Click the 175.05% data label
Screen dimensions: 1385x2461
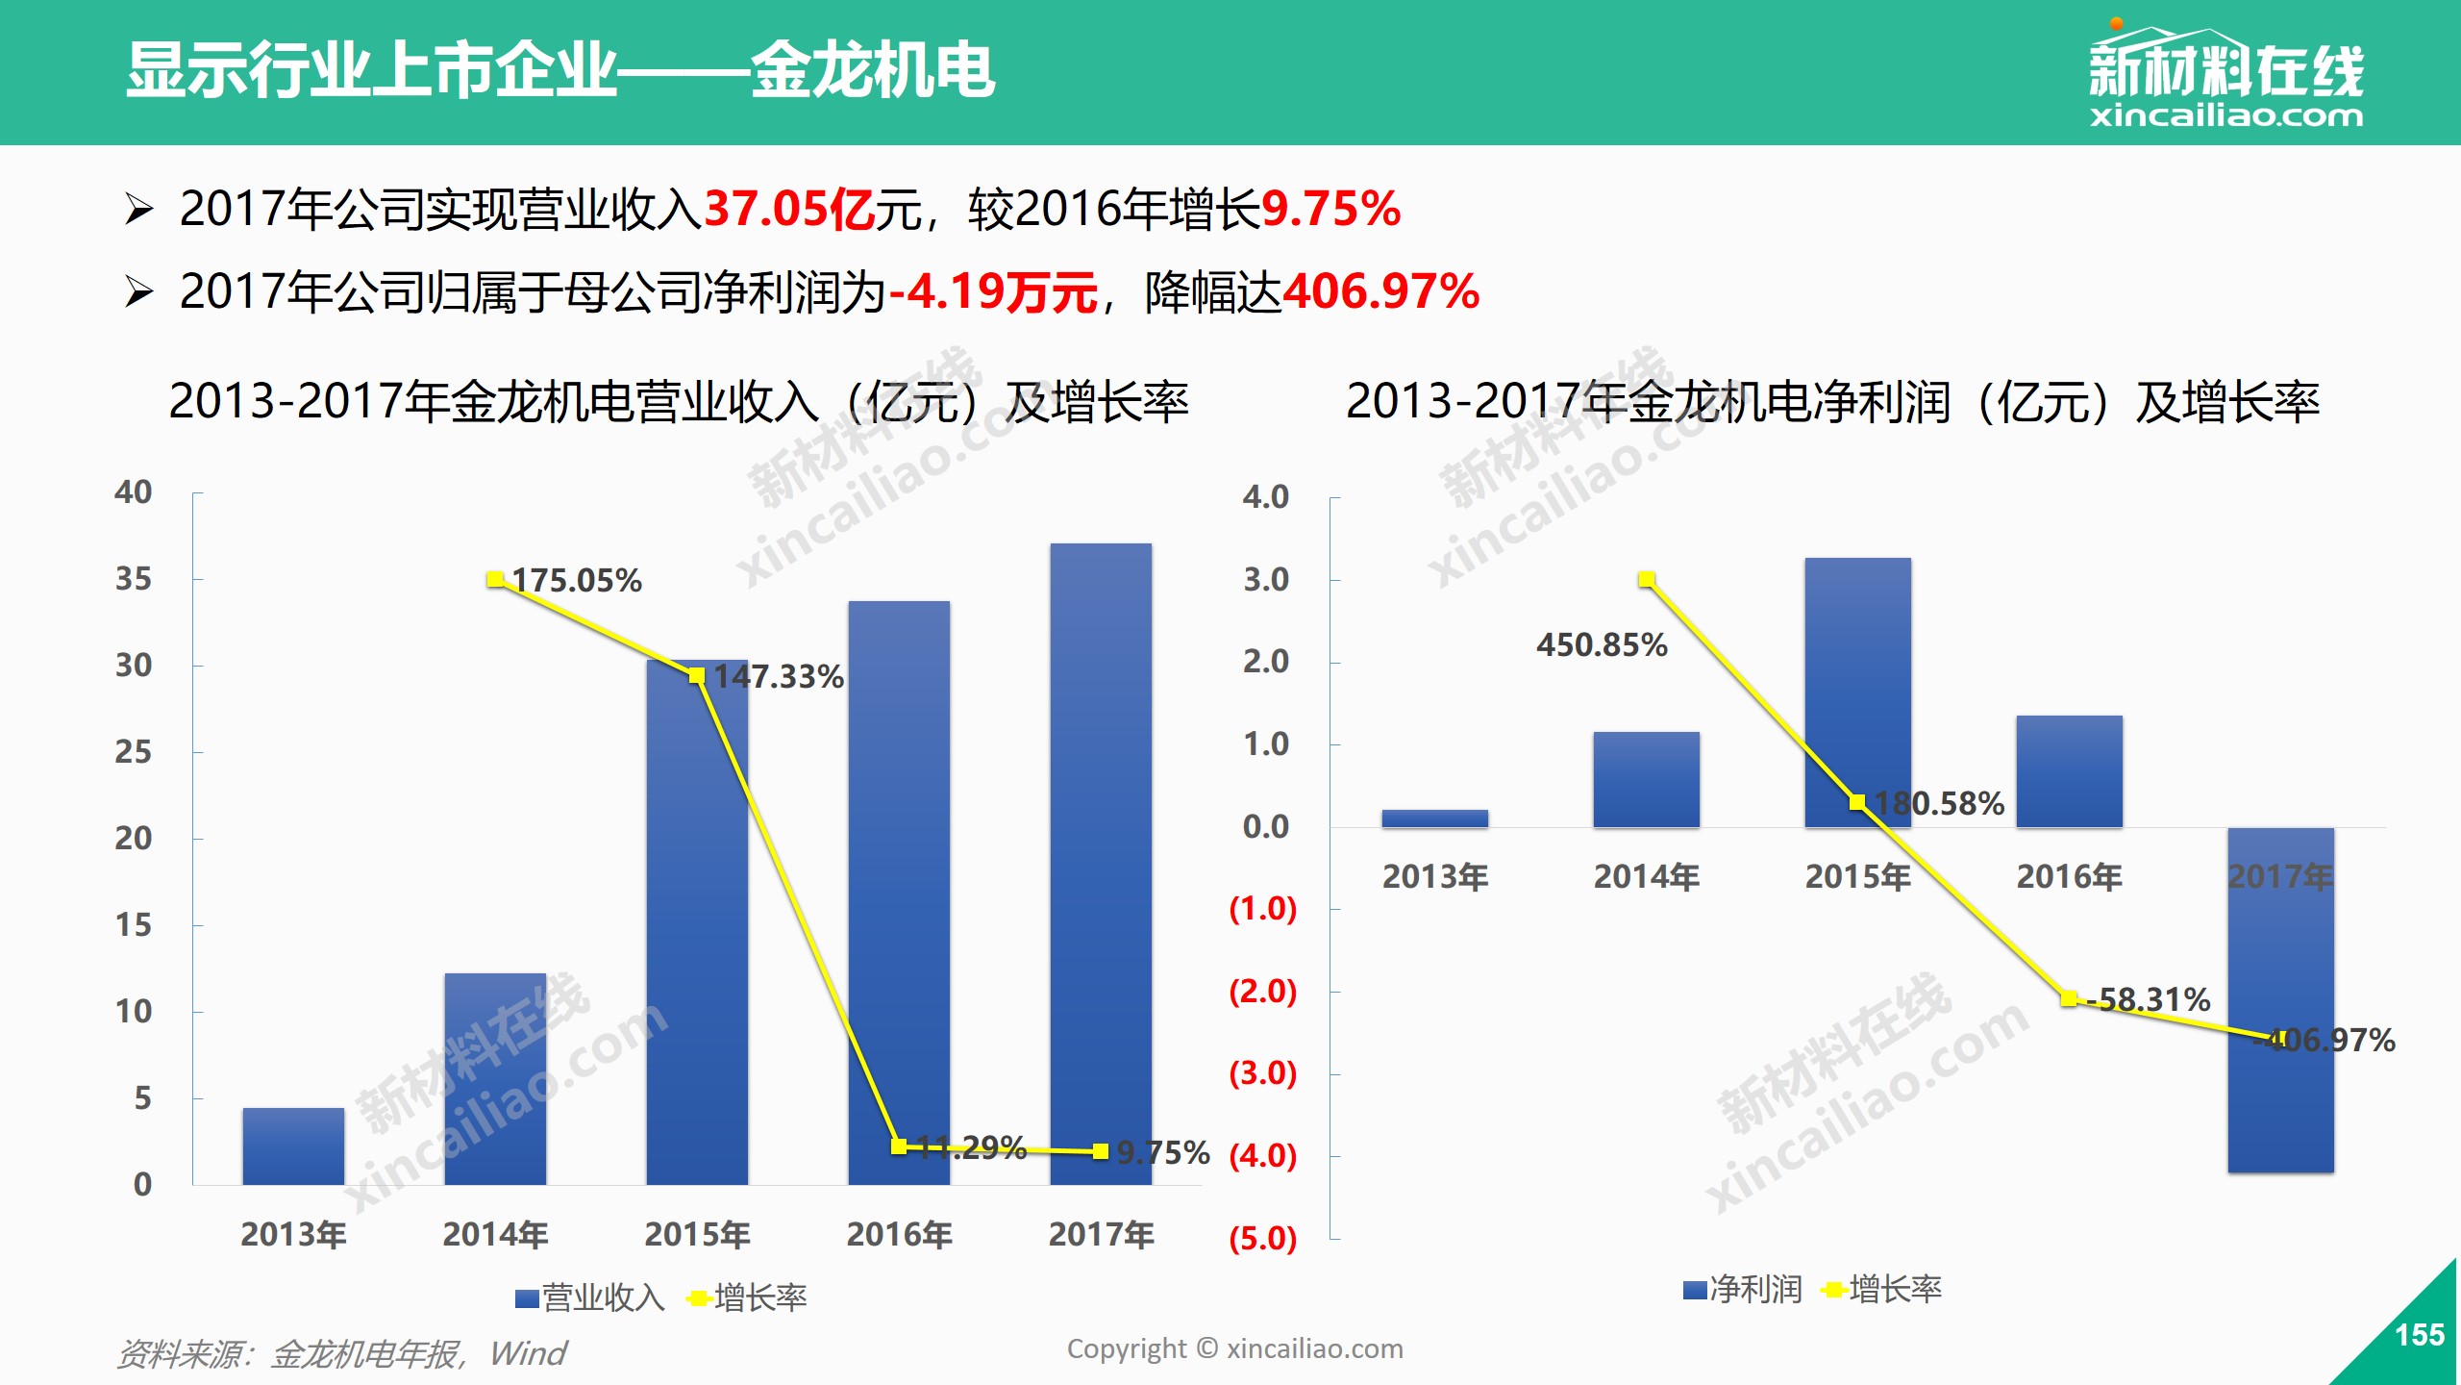[577, 580]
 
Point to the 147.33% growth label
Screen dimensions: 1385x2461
[779, 676]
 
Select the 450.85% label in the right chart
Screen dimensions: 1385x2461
[1602, 644]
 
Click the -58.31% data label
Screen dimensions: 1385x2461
[2153, 999]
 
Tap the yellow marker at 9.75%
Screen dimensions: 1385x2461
[1100, 1151]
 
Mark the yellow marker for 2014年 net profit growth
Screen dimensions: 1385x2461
[1647, 579]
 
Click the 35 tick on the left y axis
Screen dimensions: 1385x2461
[134, 579]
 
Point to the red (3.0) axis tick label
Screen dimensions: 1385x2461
[1262, 1072]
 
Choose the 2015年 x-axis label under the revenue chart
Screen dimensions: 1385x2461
[697, 1234]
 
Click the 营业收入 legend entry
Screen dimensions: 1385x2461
[589, 1297]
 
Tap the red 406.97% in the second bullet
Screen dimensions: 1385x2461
[1380, 291]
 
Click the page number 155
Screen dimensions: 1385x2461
[2419, 1335]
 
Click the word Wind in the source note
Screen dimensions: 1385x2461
[528, 1353]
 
